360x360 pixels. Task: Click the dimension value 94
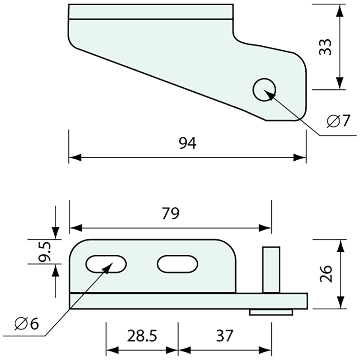tap(188, 143)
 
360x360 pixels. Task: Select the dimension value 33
tap(326, 47)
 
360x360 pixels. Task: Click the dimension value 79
tap(170, 214)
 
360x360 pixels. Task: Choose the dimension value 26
tap(326, 274)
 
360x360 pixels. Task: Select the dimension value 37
tap(225, 336)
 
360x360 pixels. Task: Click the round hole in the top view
tap(264, 90)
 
